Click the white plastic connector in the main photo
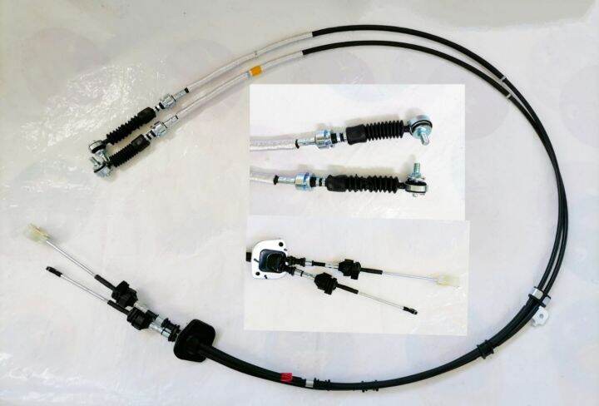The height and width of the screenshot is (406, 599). pyautogui.click(x=34, y=232)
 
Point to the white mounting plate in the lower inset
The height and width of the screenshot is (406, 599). pyautogui.click(x=269, y=256)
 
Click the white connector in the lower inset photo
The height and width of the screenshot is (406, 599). pyautogui.click(x=449, y=280)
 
